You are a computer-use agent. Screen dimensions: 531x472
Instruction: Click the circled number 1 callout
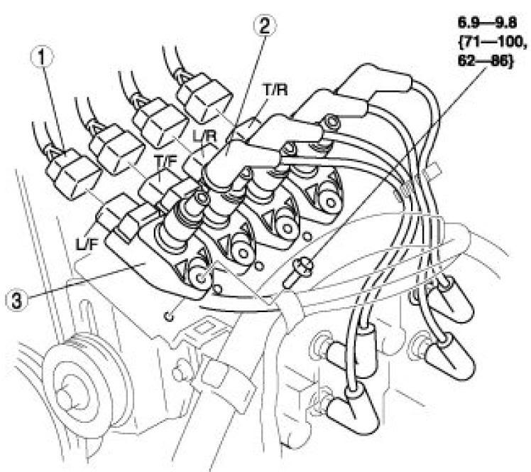[x=42, y=58]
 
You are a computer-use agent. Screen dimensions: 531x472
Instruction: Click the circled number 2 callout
[x=265, y=26]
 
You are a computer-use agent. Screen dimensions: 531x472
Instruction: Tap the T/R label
[x=275, y=90]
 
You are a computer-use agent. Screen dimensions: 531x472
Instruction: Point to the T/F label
[x=166, y=162]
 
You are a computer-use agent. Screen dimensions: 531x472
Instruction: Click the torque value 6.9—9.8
[x=487, y=23]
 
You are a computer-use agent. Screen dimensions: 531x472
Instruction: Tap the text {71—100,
[x=492, y=43]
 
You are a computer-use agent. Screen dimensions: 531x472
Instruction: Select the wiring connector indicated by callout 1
[x=73, y=173]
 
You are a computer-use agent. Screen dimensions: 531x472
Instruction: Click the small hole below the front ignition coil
[x=169, y=317]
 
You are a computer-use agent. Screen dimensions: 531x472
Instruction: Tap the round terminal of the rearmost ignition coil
[x=329, y=203]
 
